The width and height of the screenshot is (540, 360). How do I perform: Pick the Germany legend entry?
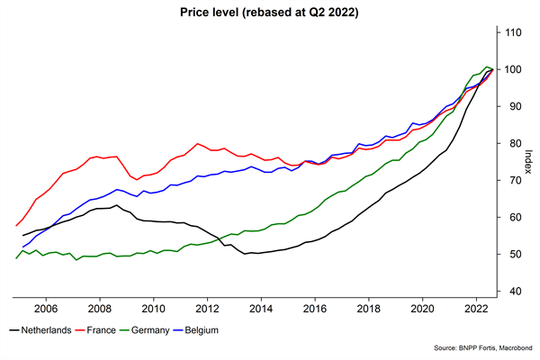[x=171, y=331]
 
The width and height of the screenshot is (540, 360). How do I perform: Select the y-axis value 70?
[x=512, y=180]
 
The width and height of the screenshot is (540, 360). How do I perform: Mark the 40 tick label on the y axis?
[x=512, y=291]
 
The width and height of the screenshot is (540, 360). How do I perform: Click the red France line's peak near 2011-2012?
[x=197, y=143]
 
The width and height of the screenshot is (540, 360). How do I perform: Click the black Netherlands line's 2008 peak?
[x=116, y=205]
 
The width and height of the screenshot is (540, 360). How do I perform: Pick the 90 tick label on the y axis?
[x=512, y=106]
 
